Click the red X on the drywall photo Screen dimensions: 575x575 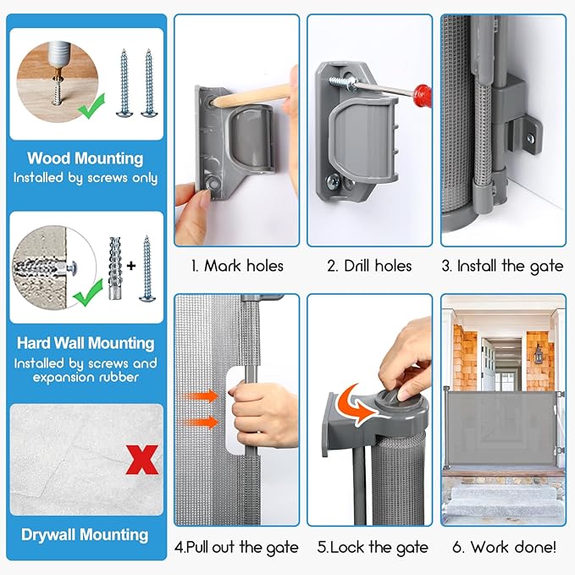tap(142, 460)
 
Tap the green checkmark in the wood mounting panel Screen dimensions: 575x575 tap(91, 107)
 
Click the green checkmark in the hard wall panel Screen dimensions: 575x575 tap(88, 293)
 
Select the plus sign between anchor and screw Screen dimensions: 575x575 tap(131, 266)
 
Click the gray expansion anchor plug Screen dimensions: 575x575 tap(115, 268)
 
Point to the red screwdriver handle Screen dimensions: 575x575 tap(422, 96)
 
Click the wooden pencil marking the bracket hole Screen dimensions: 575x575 tap(253, 95)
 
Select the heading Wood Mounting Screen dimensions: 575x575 tap(86, 158)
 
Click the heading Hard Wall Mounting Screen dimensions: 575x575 tap(86, 343)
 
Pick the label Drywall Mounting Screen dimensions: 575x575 tap(85, 535)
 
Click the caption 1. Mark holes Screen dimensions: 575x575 tap(237, 266)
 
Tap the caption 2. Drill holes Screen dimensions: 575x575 tap(369, 266)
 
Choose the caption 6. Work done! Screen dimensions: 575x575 tap(504, 547)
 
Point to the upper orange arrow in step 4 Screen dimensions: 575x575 tap(200, 396)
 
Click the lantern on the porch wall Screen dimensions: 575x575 tap(538, 354)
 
